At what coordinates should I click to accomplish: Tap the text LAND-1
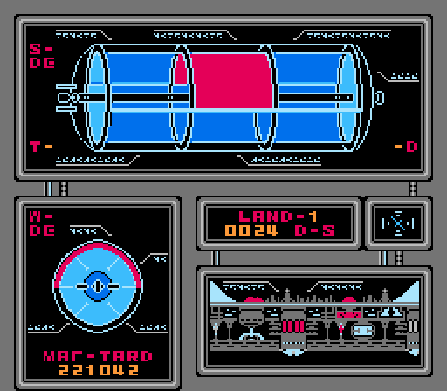[x=279, y=216]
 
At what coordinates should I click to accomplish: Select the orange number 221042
[x=99, y=370]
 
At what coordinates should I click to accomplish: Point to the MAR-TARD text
[x=98, y=356]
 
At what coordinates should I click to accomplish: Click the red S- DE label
[x=41, y=56]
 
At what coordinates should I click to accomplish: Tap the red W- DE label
[x=41, y=223]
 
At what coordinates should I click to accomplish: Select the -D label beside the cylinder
[x=406, y=147]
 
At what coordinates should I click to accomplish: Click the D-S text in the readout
[x=314, y=230]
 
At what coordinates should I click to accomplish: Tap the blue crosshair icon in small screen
[x=398, y=223]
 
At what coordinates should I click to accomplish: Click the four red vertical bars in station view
[x=293, y=326]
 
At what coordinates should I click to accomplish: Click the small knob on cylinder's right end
[x=380, y=97]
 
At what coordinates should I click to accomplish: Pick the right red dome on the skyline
[x=350, y=299]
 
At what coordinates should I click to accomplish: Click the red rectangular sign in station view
[x=349, y=315]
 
